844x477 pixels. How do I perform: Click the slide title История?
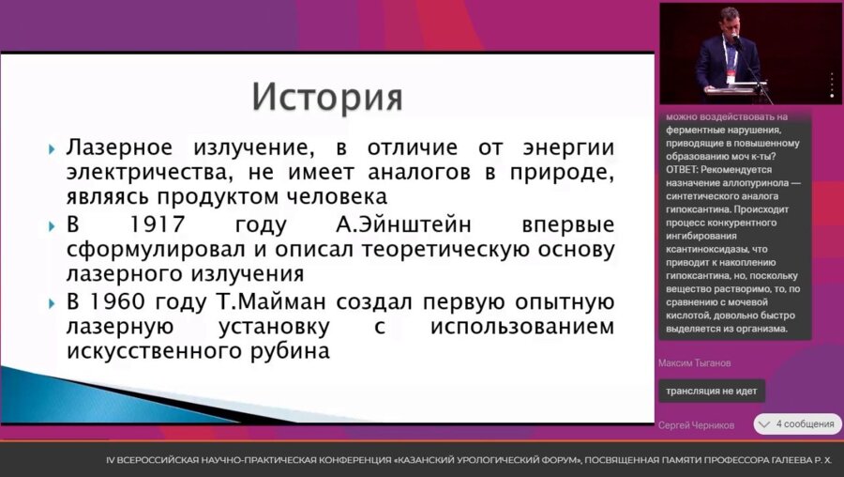[x=327, y=97]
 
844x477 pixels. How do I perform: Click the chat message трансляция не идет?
[x=712, y=391]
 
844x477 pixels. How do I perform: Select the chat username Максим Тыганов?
[x=694, y=362]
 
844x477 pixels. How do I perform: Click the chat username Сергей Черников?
[x=697, y=424]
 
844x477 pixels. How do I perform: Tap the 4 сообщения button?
[x=796, y=423]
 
